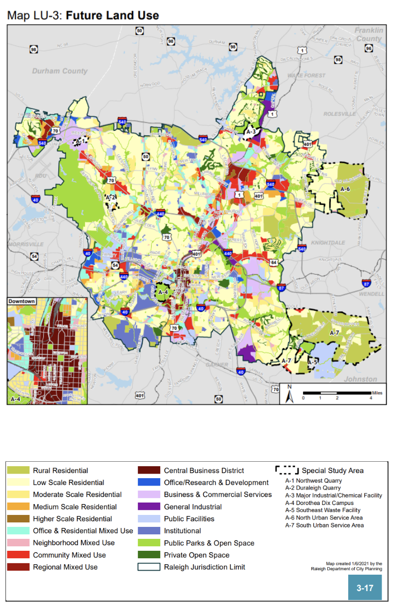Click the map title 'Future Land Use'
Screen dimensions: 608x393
(112, 15)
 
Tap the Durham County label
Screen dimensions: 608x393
(60, 71)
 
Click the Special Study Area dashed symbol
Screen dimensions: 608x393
(287, 470)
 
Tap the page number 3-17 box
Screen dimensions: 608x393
(365, 588)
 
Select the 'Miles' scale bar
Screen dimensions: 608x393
(337, 394)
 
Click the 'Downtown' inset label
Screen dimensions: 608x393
(22, 302)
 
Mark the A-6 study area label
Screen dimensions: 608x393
(345, 189)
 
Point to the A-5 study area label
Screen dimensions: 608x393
(312, 362)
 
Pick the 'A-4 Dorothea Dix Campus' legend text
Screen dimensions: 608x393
(319, 503)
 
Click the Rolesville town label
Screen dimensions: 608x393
(340, 114)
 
